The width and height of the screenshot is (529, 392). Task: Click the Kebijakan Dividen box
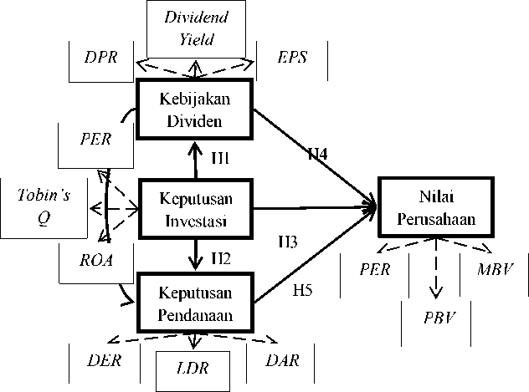[195, 109]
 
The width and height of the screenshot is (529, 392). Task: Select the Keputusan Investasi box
[195, 208]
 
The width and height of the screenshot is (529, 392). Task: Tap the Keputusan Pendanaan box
[195, 303]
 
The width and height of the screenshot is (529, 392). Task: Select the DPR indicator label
[101, 58]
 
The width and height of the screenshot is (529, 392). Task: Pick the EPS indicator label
[292, 58]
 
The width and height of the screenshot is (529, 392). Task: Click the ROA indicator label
[96, 259]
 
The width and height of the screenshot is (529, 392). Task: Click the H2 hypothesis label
[221, 257]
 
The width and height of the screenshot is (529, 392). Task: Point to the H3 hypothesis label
[290, 242]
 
